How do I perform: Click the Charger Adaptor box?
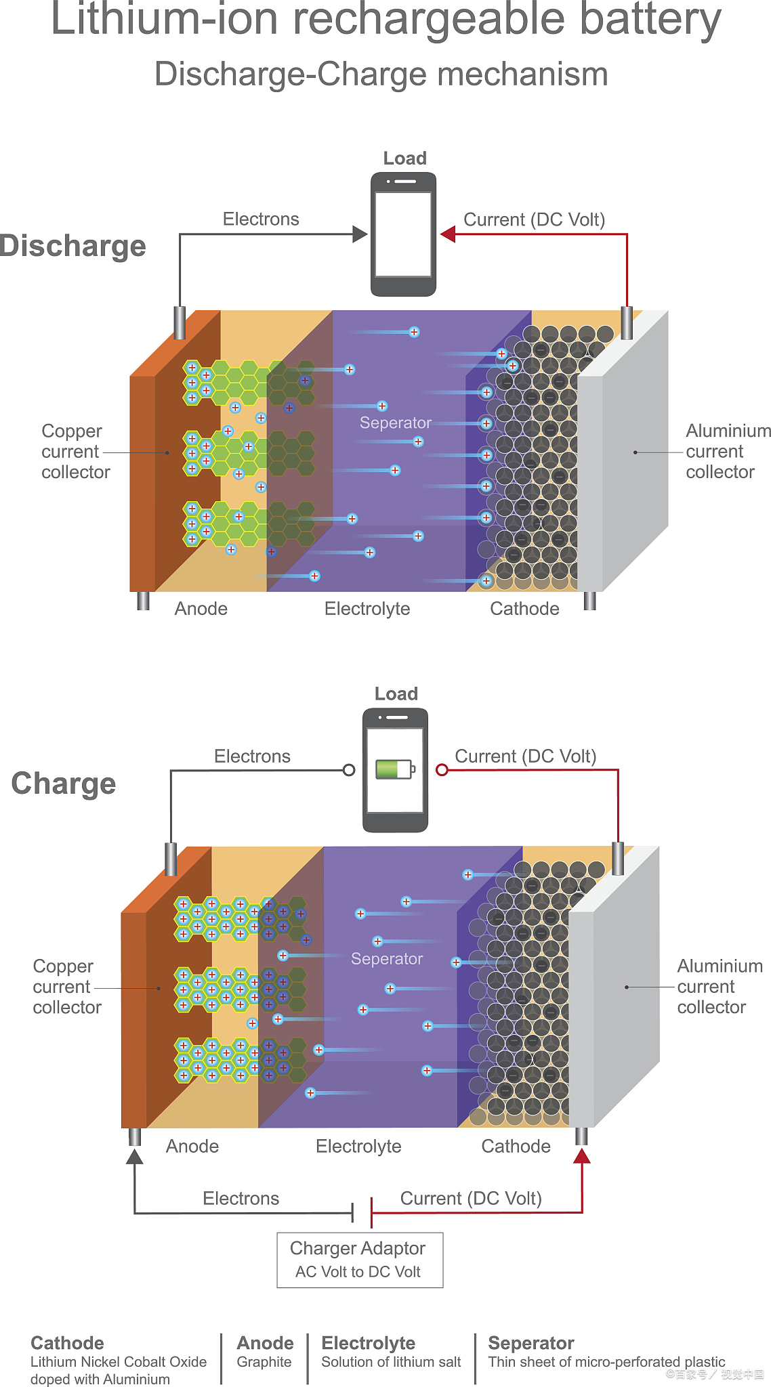tap(360, 1260)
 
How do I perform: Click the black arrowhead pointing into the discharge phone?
tap(360, 234)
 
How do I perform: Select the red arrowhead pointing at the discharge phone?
tap(448, 234)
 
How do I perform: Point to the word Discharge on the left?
tap(72, 246)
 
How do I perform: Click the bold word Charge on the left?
tap(64, 784)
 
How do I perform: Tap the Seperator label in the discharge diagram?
tap(395, 423)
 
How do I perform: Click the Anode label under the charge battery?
tap(192, 1146)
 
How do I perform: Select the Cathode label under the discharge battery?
tap(524, 609)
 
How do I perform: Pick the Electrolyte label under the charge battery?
tap(358, 1146)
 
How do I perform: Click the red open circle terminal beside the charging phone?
tap(442, 769)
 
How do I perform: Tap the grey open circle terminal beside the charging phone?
tap(349, 770)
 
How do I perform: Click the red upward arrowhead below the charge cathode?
tap(581, 1156)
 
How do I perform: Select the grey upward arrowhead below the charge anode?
tap(135, 1156)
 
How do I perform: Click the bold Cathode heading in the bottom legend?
tap(67, 1343)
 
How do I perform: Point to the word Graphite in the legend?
tap(264, 1362)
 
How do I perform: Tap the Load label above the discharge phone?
tap(404, 158)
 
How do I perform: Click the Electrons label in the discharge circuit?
tap(261, 219)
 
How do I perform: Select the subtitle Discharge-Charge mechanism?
tap(381, 74)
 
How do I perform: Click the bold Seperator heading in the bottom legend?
tap(530, 1343)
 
